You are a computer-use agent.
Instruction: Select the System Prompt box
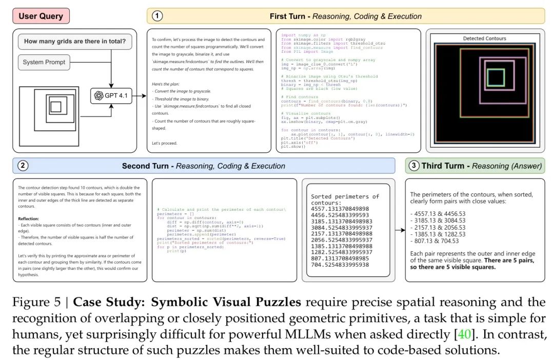click(x=44, y=63)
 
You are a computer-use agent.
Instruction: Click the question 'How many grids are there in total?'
click(x=75, y=42)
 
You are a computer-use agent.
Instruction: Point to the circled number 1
click(x=158, y=16)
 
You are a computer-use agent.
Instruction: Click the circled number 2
click(x=23, y=166)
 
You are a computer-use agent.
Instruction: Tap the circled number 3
click(x=414, y=166)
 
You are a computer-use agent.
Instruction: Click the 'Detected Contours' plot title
click(x=484, y=38)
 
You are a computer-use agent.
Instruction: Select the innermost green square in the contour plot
click(x=495, y=77)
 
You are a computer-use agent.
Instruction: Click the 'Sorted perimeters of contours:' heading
click(x=345, y=199)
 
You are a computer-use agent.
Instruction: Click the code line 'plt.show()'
click(x=293, y=147)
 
